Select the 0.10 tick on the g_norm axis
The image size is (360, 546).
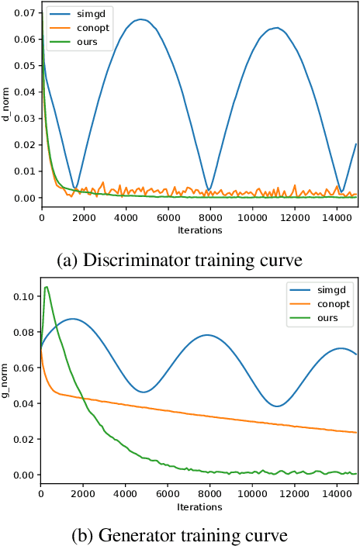25,296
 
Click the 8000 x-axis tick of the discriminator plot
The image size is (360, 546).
207,218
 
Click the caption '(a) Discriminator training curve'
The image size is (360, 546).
180,259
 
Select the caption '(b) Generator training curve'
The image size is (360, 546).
180,535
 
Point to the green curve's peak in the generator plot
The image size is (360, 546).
47,287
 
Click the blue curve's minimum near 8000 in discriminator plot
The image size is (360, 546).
207,188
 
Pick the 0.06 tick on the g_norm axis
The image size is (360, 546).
25,368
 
